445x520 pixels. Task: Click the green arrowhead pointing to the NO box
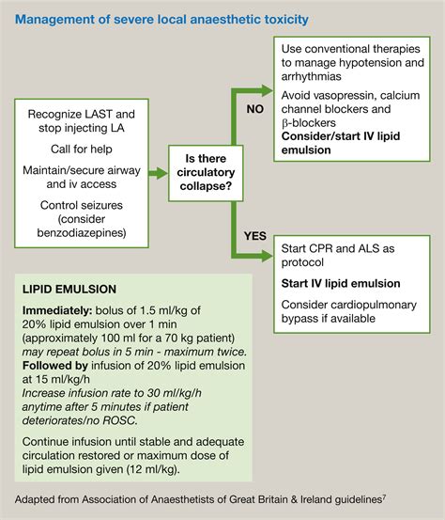coord(267,91)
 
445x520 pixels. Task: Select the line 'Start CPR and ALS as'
coord(337,247)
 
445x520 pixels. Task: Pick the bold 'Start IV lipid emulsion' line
coord(342,283)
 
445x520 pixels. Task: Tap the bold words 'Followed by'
coord(55,369)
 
